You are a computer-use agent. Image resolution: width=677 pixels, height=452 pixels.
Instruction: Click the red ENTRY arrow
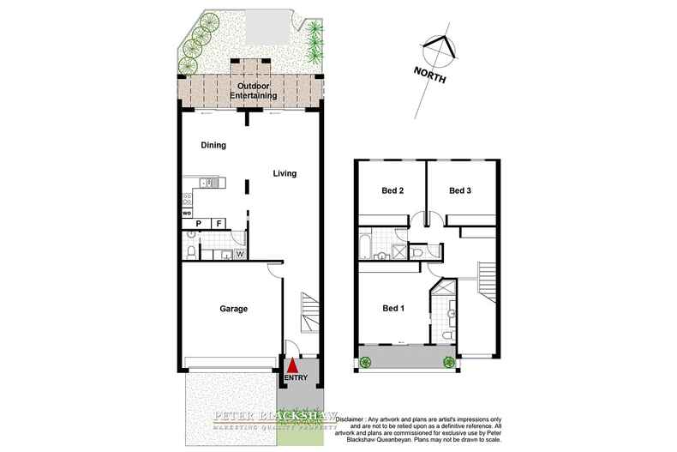click(293, 366)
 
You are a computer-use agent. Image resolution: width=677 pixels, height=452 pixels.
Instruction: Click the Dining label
click(213, 145)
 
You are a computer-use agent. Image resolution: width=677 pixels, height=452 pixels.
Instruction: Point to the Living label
click(285, 173)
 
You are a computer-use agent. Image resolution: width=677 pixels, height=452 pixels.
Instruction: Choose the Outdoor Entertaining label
click(256, 91)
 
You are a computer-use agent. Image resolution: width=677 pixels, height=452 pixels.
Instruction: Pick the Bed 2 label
click(392, 190)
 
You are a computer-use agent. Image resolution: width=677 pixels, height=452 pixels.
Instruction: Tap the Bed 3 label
click(461, 190)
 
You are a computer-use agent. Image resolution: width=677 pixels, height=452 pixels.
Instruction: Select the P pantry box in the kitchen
click(198, 224)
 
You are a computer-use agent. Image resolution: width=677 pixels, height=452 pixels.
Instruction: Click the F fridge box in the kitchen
click(219, 224)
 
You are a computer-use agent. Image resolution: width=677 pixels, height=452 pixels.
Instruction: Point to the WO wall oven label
click(187, 212)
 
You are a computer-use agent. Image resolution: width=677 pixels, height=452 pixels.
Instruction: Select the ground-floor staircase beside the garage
click(309, 313)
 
